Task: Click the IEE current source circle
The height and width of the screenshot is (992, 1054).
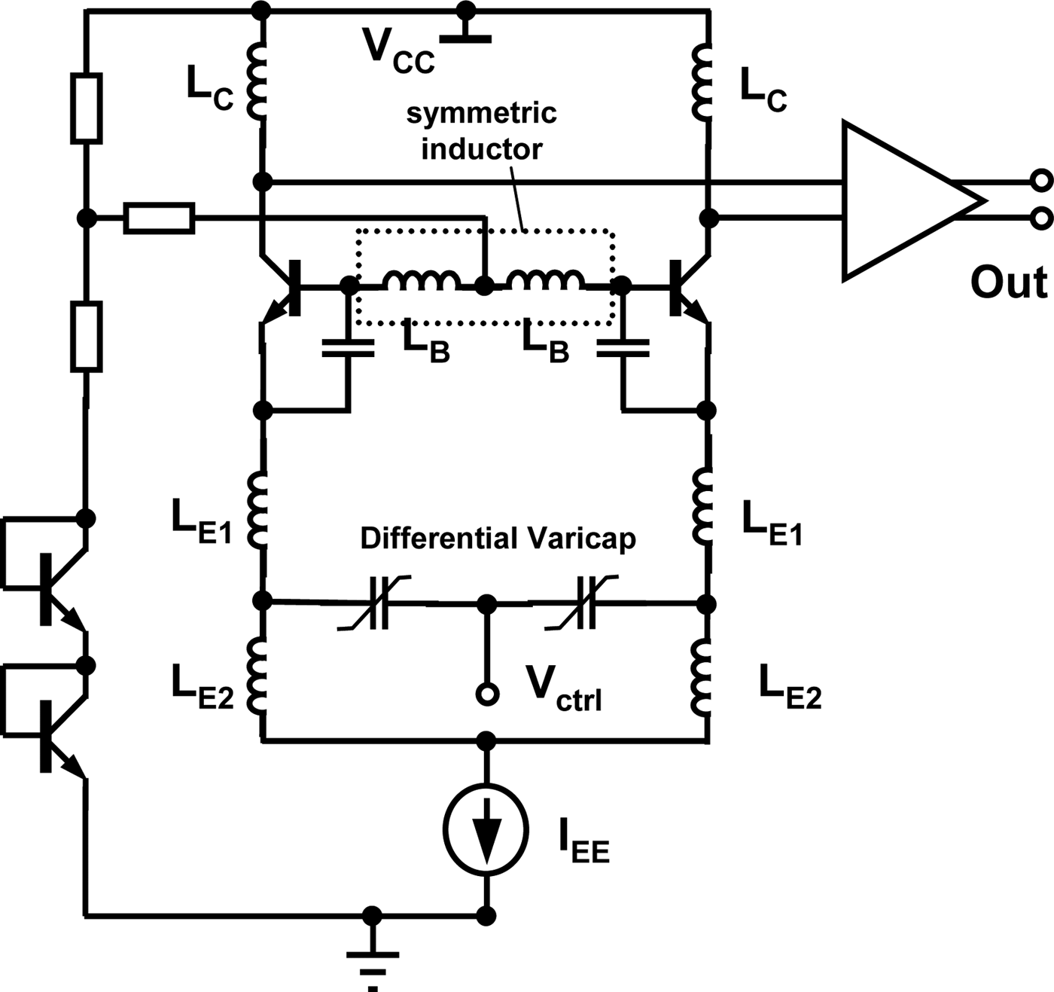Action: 487,832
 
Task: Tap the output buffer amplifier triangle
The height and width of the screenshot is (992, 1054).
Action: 903,201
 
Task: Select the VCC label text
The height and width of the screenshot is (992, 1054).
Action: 398,51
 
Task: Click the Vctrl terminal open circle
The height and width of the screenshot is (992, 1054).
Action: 488,694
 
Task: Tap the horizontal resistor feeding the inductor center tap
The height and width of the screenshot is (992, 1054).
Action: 160,218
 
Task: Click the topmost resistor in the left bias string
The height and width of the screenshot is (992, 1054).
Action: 87,108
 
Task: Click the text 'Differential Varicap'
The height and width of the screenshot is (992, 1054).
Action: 498,539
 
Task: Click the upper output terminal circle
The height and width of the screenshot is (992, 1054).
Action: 1041,182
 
